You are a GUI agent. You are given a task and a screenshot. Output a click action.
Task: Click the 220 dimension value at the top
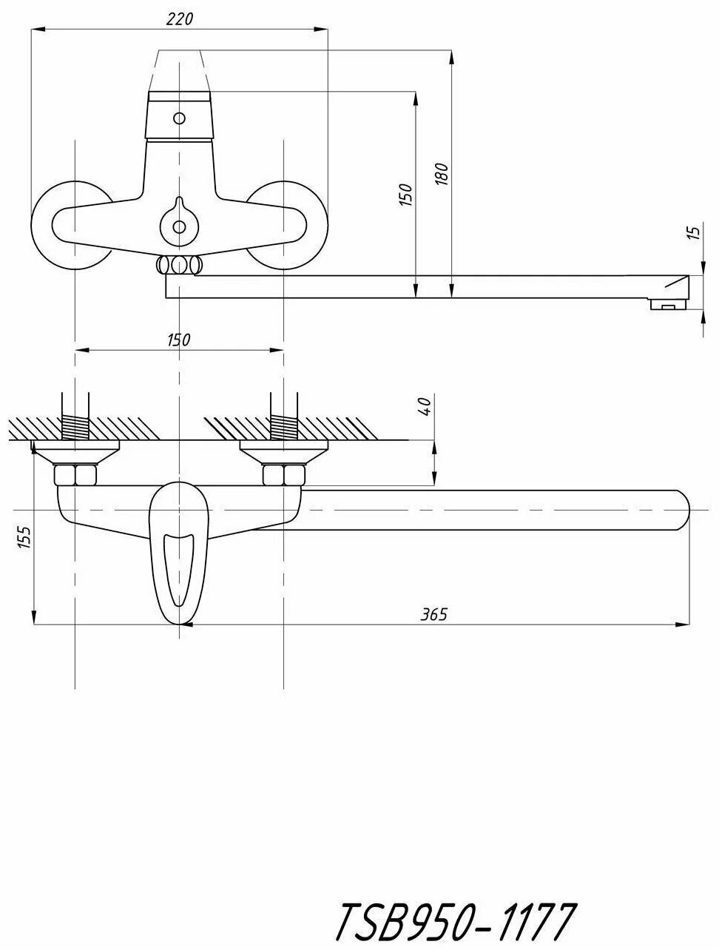tap(179, 19)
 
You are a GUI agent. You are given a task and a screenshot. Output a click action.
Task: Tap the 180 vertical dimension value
tap(442, 175)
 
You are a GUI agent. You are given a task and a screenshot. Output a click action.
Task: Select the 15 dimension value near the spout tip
tap(693, 232)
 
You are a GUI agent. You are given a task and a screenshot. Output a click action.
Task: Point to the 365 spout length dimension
tap(435, 614)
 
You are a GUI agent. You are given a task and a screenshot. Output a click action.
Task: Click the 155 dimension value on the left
tap(25, 538)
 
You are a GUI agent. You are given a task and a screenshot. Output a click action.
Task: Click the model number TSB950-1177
tap(454, 922)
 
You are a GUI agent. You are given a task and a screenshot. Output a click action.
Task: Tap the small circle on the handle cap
tap(178, 118)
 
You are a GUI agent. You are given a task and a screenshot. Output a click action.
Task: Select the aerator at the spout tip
tap(668, 303)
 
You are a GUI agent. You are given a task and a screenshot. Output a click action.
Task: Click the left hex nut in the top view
tap(75, 474)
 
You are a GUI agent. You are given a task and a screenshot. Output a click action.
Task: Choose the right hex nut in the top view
tap(284, 474)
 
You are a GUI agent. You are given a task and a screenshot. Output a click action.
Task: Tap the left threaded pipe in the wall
tap(75, 426)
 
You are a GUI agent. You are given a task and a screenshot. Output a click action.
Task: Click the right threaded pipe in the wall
tap(284, 426)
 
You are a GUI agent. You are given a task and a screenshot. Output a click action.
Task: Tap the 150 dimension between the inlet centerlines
tap(179, 340)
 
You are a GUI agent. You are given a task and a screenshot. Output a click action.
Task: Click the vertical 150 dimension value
tap(405, 194)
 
